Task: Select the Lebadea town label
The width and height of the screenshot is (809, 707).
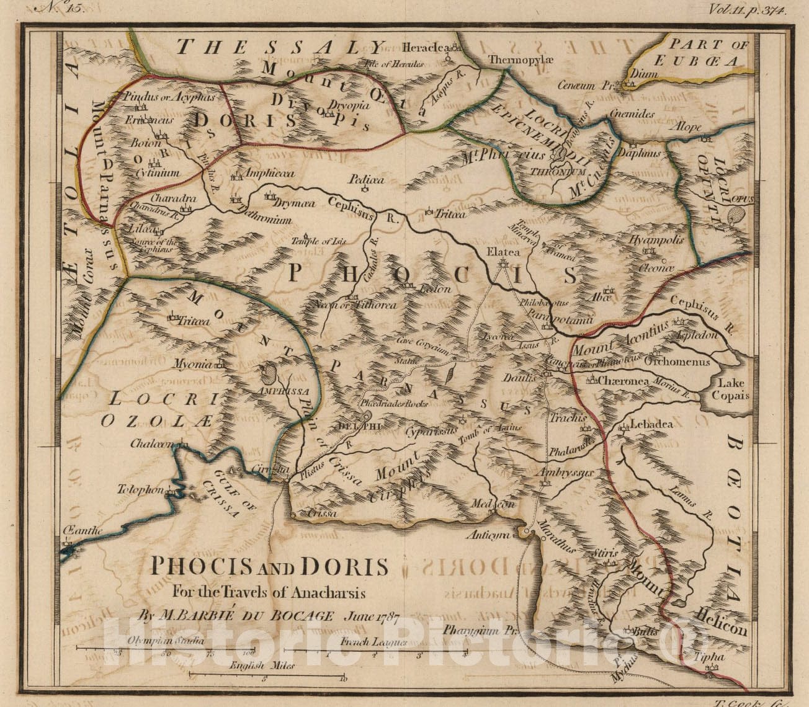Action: pyautogui.click(x=651, y=425)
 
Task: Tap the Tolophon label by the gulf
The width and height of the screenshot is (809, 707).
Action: pyautogui.click(x=140, y=489)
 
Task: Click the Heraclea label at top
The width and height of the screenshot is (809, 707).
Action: pyautogui.click(x=424, y=47)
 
